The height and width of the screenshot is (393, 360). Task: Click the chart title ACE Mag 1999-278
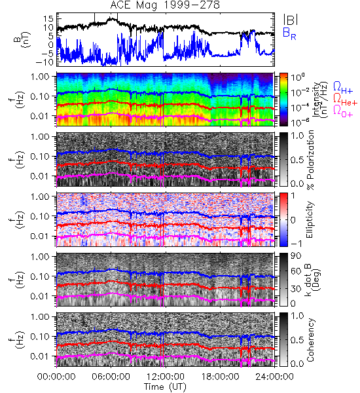(x=165, y=5)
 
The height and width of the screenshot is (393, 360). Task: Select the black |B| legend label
(x=290, y=20)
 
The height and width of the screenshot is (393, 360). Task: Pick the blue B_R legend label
(x=289, y=33)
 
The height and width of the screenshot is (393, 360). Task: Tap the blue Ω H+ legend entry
(x=343, y=88)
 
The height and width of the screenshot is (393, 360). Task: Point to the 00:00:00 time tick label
(x=56, y=377)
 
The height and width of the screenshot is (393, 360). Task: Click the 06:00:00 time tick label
(x=111, y=377)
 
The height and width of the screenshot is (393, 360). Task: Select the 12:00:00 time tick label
(x=166, y=377)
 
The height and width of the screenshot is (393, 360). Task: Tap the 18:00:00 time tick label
(x=220, y=377)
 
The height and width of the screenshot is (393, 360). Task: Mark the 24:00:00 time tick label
(x=274, y=377)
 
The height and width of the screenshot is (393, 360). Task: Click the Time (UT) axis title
(x=165, y=387)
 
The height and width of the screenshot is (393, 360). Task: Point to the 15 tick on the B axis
(x=48, y=19)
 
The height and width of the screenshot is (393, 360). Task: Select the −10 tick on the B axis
(x=45, y=62)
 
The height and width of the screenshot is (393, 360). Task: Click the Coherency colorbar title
(x=310, y=340)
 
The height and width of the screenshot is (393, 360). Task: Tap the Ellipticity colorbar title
(x=310, y=220)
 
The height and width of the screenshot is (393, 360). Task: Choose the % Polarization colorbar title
(x=310, y=160)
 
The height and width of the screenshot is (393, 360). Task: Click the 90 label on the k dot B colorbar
(x=296, y=256)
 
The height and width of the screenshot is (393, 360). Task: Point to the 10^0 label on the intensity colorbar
(x=297, y=77)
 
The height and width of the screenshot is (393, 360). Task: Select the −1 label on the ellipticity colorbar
(x=296, y=243)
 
